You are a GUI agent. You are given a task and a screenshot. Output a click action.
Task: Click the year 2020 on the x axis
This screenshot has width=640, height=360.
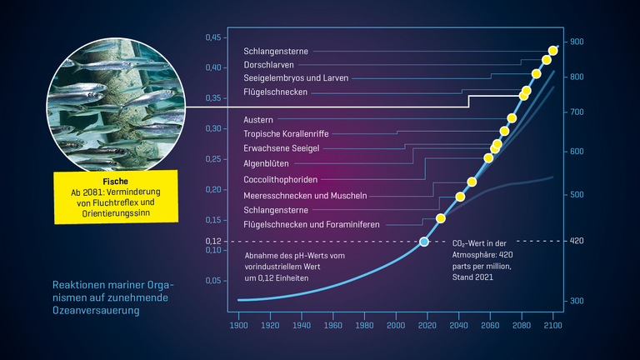pyautogui.click(x=427, y=325)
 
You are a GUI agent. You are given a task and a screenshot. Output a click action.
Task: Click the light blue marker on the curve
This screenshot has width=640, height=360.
pyautogui.click(x=424, y=242)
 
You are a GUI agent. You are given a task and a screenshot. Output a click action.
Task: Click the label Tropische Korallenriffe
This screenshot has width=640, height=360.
pyautogui.click(x=286, y=133)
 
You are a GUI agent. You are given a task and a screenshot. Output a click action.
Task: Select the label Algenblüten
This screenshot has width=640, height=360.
pyautogui.click(x=267, y=163)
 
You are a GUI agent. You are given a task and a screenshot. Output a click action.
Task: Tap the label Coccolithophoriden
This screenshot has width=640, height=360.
pyautogui.click(x=281, y=179)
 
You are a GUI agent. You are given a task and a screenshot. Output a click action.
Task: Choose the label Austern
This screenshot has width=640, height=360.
pyautogui.click(x=257, y=119)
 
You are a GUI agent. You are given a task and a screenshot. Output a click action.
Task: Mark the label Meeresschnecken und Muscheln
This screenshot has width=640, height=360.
pyautogui.click(x=305, y=195)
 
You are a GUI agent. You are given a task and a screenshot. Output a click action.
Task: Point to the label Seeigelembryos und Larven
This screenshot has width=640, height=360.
pyautogui.click(x=295, y=77)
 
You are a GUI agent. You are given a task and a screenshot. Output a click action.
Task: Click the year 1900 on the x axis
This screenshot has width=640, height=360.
pyautogui.click(x=238, y=325)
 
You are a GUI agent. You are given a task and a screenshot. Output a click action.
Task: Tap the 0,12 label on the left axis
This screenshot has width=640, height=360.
pyautogui.click(x=214, y=242)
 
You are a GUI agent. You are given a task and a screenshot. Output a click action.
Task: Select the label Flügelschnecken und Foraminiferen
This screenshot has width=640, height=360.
pyautogui.click(x=311, y=225)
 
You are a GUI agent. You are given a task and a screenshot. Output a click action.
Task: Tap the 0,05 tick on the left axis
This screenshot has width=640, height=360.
pyautogui.click(x=214, y=282)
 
